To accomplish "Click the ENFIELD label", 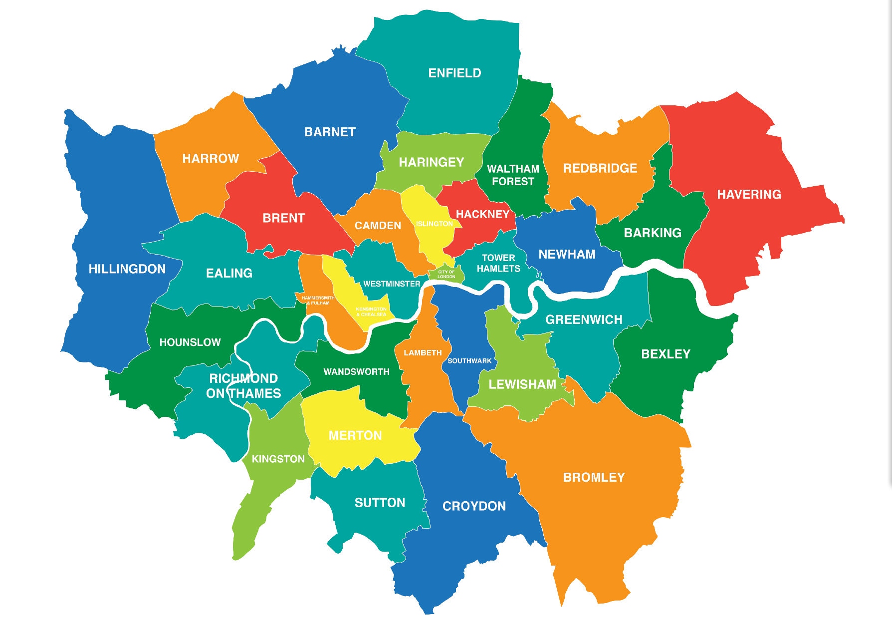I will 454,73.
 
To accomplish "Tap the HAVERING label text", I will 749,195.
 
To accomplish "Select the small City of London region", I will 446,274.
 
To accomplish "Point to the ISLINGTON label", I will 434,224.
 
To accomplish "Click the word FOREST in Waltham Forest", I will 513,182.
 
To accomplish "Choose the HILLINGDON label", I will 127,269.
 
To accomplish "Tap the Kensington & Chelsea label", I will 371,312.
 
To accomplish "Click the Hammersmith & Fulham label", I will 318,301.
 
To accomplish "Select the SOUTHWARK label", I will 469,361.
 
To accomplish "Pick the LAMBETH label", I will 423,353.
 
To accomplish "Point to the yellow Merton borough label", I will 355,436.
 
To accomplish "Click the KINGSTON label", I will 278,459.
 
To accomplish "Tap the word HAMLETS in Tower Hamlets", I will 498,269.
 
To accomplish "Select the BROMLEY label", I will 594,478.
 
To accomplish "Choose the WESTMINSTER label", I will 392,284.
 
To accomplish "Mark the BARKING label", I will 652,233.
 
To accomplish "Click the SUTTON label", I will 380,503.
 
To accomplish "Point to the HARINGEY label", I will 431,162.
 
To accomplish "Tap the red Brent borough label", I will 283,218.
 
